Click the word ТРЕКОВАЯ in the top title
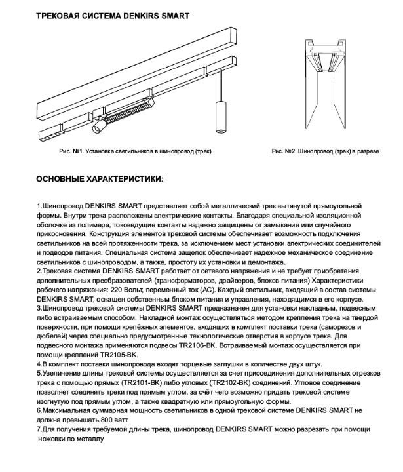tap(58, 14)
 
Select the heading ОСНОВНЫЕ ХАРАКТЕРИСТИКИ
tap(100, 178)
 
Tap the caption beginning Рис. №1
tap(136, 151)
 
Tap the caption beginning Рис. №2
tap(325, 151)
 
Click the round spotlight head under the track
tap(98, 125)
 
